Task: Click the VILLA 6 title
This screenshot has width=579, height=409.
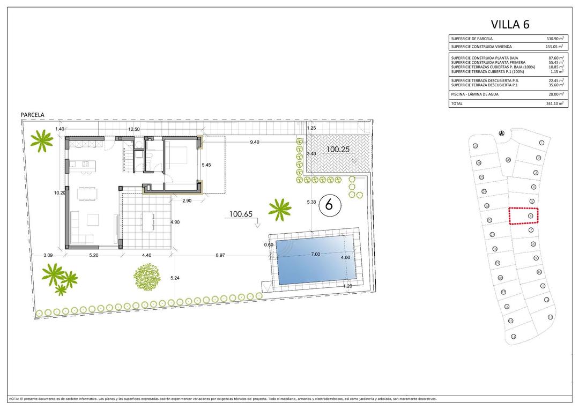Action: (510, 24)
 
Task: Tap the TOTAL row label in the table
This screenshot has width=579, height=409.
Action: (456, 103)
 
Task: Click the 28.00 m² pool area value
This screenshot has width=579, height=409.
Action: (555, 94)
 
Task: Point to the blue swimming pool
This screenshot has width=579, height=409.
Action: (315, 260)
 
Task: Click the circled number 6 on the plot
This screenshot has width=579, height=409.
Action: (330, 204)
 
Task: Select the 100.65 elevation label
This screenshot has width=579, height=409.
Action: (241, 214)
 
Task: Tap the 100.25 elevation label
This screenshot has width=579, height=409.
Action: (338, 150)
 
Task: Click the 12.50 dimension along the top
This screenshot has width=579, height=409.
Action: (133, 129)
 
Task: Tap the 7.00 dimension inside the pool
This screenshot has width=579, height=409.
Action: (315, 254)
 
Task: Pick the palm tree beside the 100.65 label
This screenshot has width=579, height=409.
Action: (279, 209)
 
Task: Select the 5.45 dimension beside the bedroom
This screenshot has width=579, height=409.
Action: (206, 165)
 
